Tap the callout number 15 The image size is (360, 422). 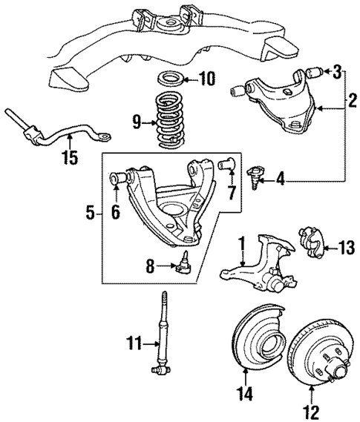[x=70, y=157]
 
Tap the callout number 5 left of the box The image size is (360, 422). [x=89, y=214]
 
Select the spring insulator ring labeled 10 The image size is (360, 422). [x=172, y=79]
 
